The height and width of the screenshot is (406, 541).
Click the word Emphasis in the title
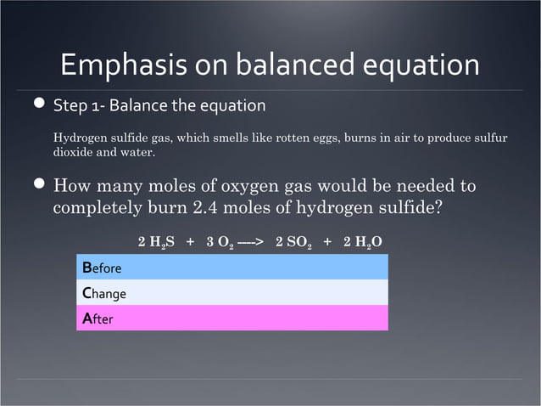click(x=115, y=65)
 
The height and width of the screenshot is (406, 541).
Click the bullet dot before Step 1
click(x=39, y=105)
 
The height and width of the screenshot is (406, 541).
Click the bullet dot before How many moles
click(x=39, y=184)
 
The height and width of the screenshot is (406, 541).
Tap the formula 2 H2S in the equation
click(x=156, y=242)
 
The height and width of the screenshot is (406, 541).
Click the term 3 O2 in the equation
click(x=218, y=242)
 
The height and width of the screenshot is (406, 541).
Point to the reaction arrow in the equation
click(x=251, y=242)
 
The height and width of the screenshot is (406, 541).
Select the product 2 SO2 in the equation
click(x=294, y=242)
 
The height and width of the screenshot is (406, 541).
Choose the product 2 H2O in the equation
click(x=362, y=242)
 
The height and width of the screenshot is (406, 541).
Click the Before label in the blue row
click(x=102, y=268)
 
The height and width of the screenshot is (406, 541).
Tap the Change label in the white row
click(x=104, y=294)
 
